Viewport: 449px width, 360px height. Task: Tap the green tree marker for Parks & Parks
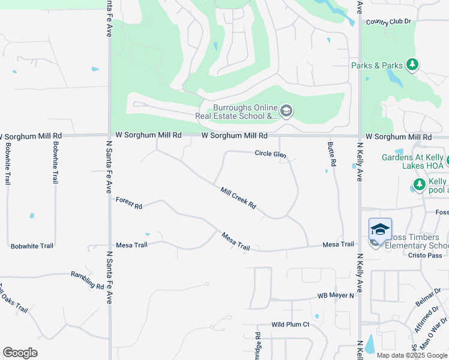click(412, 65)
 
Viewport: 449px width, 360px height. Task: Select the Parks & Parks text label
click(377, 65)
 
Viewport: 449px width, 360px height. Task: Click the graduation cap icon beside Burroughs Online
click(286, 111)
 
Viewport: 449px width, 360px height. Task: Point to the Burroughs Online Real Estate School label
click(237, 112)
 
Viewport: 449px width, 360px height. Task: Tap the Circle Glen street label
click(270, 154)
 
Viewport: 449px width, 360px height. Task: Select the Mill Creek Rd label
click(238, 198)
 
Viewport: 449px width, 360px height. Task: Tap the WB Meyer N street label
click(336, 296)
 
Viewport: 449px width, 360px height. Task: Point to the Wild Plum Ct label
click(290, 325)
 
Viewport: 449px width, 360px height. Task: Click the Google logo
click(20, 353)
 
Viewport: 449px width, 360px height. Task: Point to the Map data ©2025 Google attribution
click(411, 355)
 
